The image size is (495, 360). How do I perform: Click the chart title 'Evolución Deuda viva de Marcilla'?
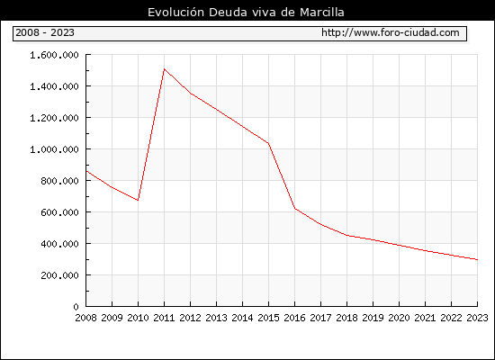click(x=246, y=12)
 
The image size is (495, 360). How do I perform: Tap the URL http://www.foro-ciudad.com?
click(x=391, y=32)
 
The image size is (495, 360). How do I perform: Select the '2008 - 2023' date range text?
click(x=45, y=32)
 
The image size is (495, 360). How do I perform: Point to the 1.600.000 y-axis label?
click(x=54, y=55)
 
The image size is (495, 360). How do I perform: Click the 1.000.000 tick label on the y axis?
click(x=54, y=149)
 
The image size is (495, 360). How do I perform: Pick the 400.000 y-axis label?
click(x=59, y=244)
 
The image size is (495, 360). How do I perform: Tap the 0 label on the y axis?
click(x=76, y=307)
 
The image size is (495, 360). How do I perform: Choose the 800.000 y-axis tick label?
click(x=59, y=181)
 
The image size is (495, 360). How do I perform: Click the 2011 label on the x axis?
click(x=164, y=318)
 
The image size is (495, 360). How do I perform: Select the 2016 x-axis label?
click(x=294, y=318)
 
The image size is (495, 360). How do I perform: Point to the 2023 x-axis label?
click(x=477, y=318)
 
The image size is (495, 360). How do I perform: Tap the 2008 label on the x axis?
click(x=85, y=318)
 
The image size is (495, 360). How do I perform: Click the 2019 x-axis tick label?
click(x=373, y=318)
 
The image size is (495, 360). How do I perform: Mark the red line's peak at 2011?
click(x=164, y=68)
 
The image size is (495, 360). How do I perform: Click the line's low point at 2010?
click(x=138, y=200)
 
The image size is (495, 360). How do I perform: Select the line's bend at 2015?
click(x=269, y=143)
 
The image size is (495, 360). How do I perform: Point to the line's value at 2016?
click(x=295, y=209)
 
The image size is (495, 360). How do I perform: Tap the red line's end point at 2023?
click(x=477, y=259)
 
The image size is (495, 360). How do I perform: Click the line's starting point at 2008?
click(x=86, y=171)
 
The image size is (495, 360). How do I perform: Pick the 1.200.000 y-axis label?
click(x=54, y=118)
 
